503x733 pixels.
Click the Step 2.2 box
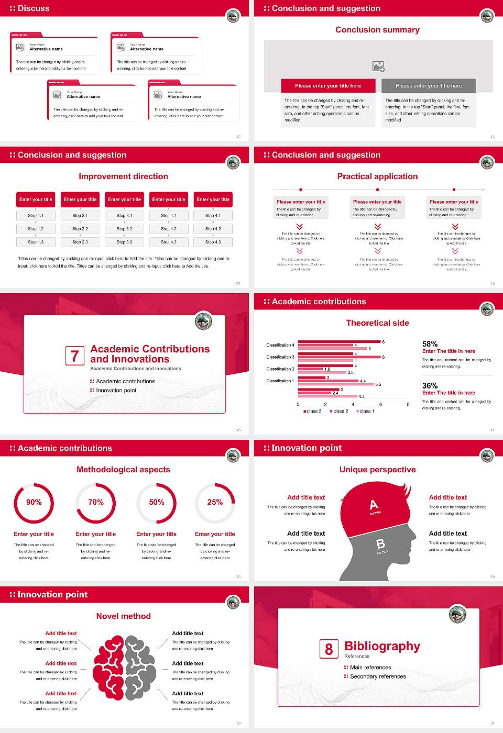pos(80,229)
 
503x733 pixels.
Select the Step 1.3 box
pos(36,242)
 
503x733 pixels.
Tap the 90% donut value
pos(34,502)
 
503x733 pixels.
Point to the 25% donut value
pos(215,502)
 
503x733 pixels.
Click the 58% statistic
pos(430,344)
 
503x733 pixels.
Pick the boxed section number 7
pos(74,356)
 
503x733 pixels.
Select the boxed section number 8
pos(329,649)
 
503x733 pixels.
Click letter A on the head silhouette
pos(374,505)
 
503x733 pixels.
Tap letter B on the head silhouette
pos(381,544)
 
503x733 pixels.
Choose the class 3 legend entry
pos(313,412)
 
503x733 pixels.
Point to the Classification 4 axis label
pos(280,345)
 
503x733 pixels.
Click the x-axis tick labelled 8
pos(408,404)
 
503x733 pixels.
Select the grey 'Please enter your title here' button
pos(429,86)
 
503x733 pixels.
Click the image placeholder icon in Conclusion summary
pos(378,66)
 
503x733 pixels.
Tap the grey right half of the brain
pos(140,668)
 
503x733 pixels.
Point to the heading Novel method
pos(124,616)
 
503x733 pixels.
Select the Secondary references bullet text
pos(378,676)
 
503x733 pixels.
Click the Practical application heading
pos(377,176)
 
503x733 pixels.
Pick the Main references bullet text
pos(370,668)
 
